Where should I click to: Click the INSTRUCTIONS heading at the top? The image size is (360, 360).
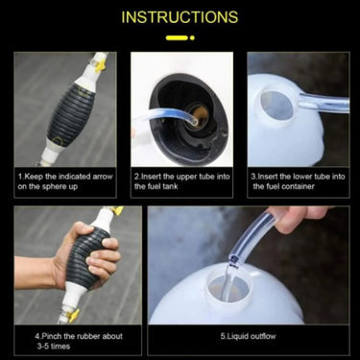[180, 17]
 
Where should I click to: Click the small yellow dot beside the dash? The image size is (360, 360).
[193, 37]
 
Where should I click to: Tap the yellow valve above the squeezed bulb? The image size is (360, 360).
[113, 211]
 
